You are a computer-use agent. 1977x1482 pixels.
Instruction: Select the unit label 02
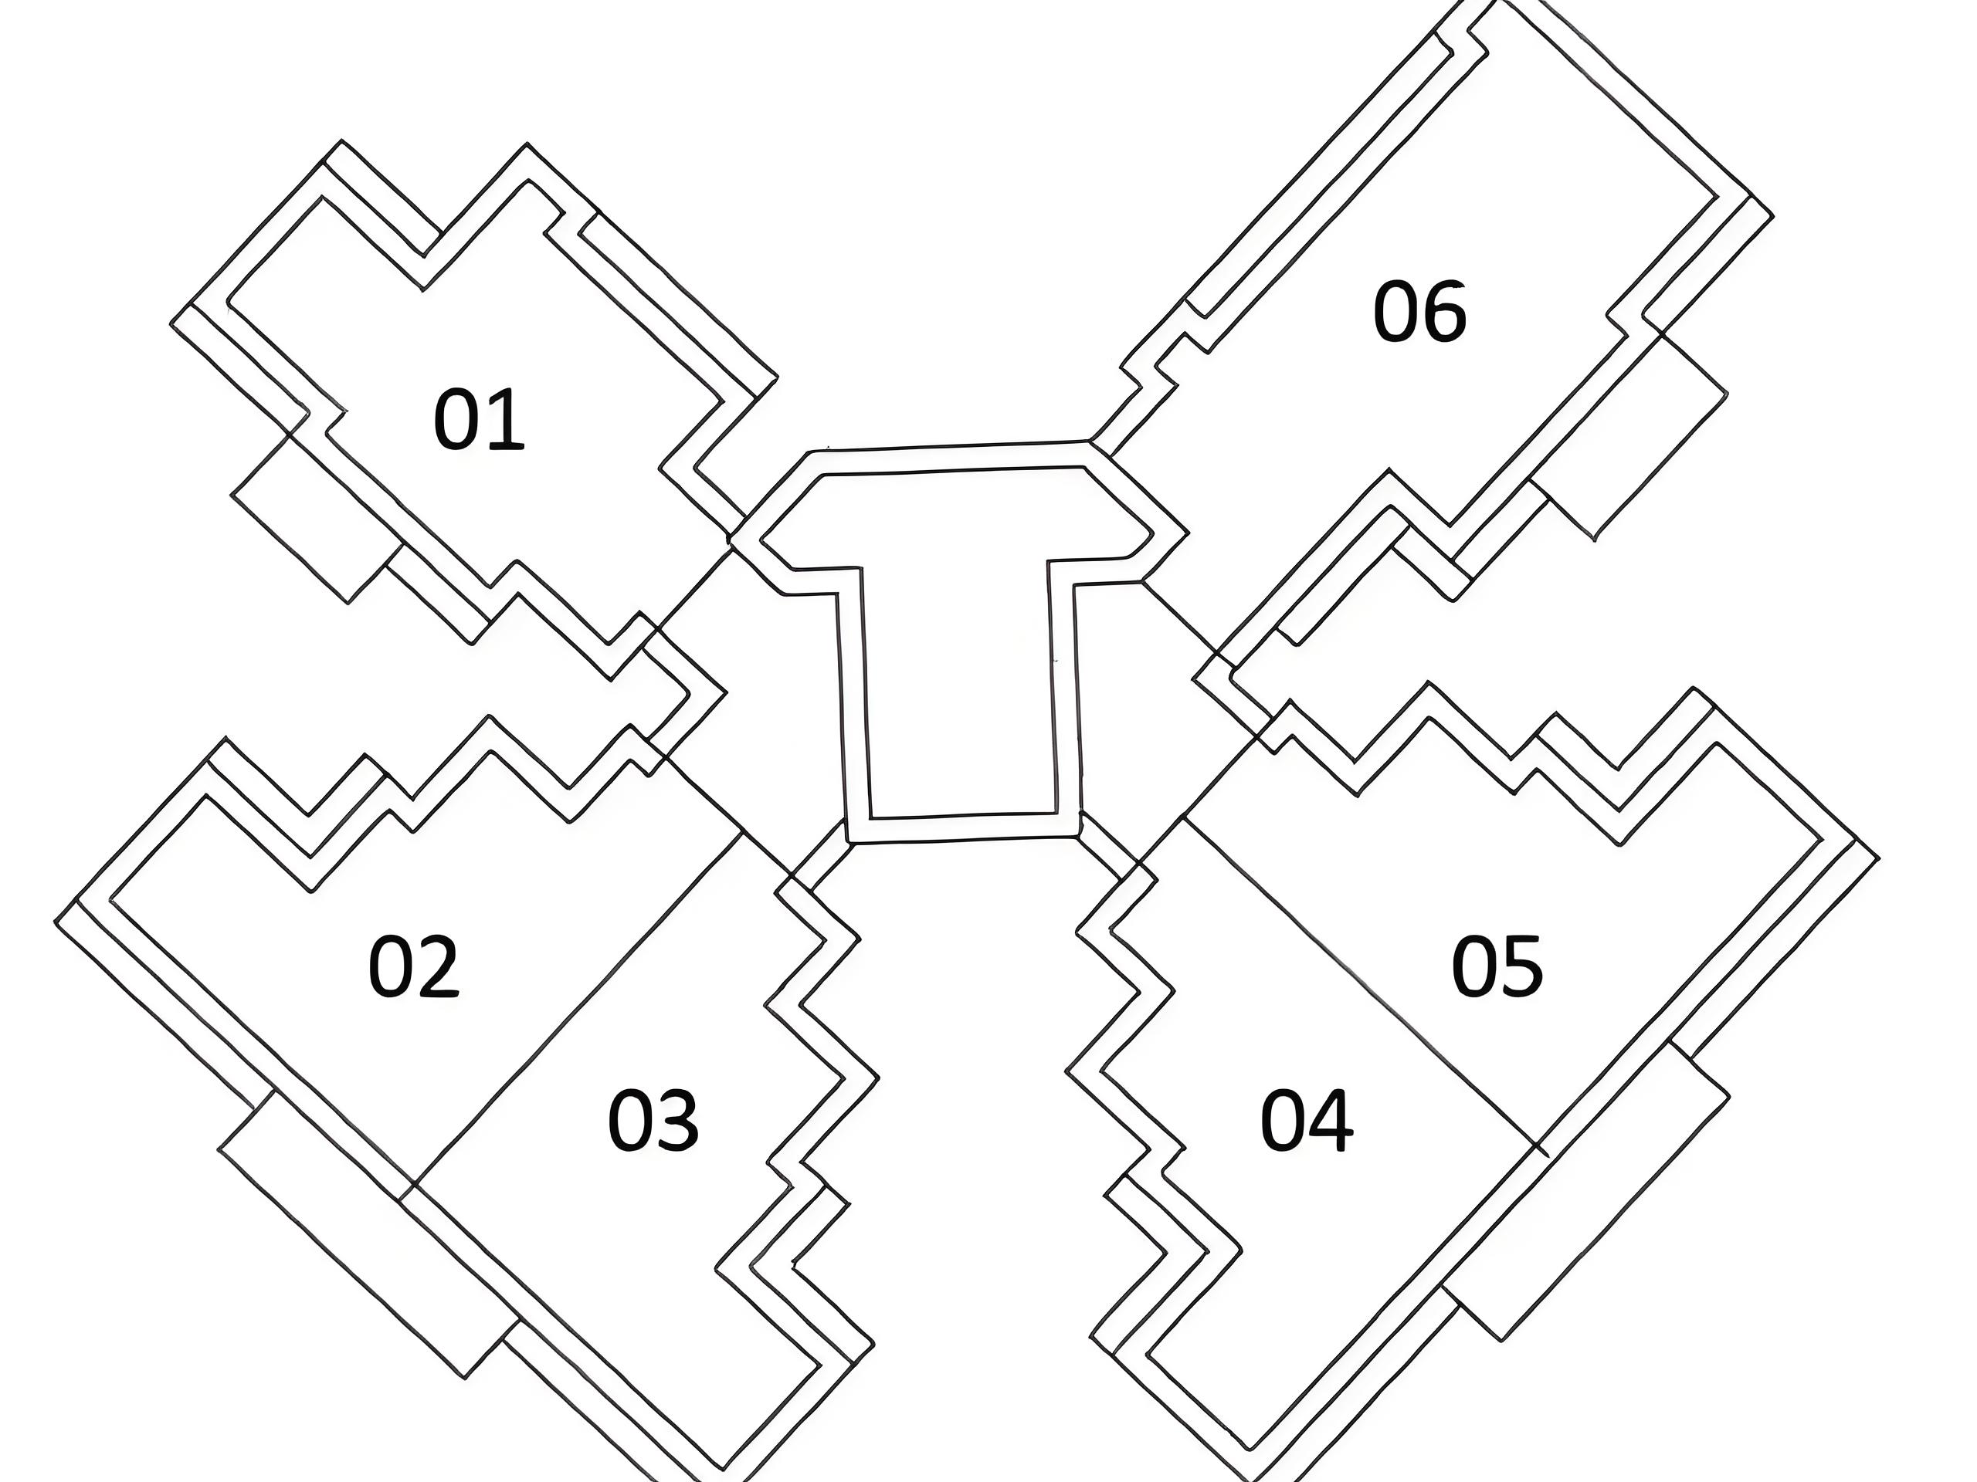coord(413,966)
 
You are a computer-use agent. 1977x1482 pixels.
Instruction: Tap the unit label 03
coord(653,1120)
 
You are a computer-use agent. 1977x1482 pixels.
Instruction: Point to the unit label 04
coord(1306,1122)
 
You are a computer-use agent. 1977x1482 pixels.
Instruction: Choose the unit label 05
coord(1496,966)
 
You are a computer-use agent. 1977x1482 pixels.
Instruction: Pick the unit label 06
coord(1419,311)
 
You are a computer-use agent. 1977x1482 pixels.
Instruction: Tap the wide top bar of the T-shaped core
coord(956,518)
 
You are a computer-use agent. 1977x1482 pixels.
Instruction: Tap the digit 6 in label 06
coord(1443,313)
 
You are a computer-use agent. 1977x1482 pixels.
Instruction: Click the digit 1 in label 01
coord(504,420)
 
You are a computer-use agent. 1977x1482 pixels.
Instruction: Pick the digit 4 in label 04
coord(1331,1122)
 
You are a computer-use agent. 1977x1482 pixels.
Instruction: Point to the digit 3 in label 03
coord(677,1120)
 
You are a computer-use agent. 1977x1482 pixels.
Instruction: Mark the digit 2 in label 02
coord(437,966)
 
